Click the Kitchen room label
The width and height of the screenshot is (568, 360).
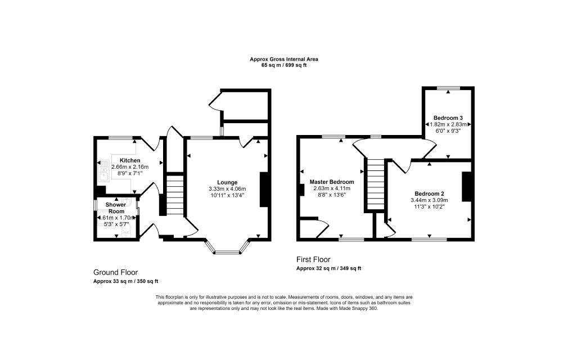[130, 160]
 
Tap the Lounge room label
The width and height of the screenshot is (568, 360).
[227, 183]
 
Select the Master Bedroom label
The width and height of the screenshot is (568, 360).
[332, 182]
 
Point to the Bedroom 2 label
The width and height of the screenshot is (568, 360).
[429, 193]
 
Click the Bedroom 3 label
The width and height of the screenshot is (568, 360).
[448, 118]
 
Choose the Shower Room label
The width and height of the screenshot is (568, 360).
[116, 208]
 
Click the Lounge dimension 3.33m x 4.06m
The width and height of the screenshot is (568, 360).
[227, 189]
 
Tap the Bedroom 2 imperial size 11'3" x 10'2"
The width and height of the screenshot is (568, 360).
[429, 207]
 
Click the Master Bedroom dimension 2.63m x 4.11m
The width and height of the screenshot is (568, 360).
[332, 188]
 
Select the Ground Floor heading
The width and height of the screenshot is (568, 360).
[115, 272]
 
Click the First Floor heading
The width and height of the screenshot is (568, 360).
[313, 260]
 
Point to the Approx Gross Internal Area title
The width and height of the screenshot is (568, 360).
[284, 59]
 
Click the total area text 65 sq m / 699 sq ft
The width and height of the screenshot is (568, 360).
[284, 66]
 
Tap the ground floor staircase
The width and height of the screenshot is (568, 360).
[175, 195]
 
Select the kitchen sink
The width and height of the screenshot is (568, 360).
[103, 170]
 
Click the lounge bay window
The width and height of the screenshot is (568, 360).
[228, 248]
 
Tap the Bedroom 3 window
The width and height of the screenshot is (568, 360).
[448, 88]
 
